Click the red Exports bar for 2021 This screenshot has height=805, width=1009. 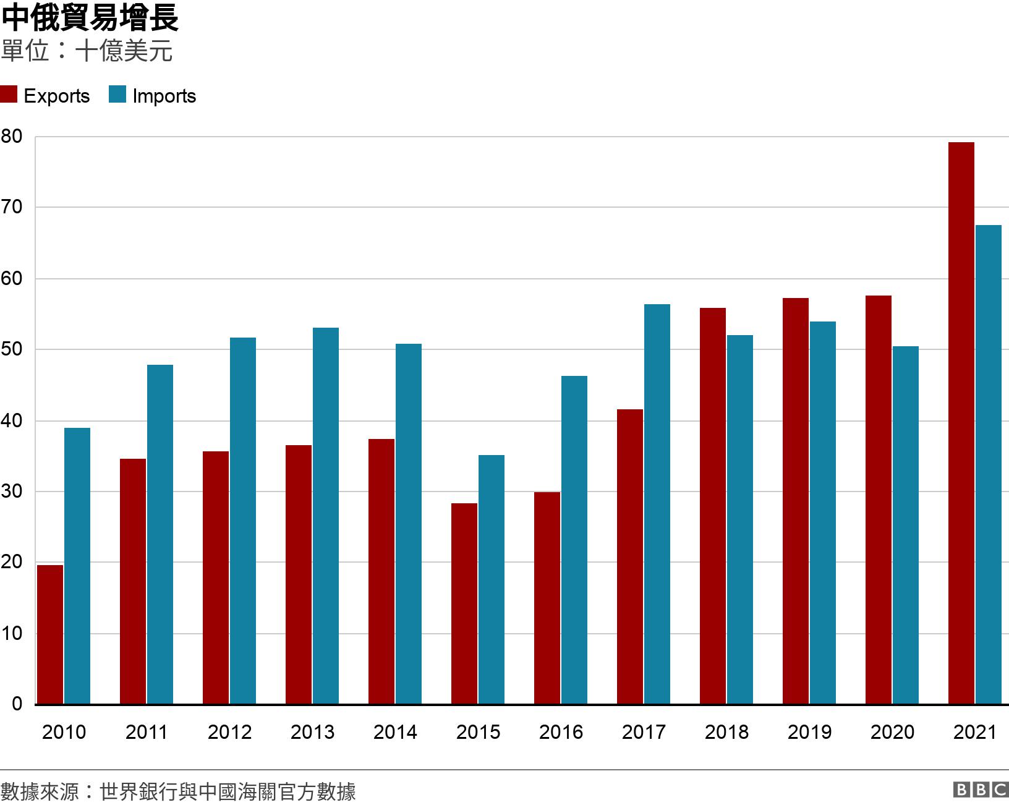point(961,424)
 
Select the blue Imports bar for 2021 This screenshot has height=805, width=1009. point(988,465)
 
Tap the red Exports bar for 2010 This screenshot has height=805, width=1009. point(50,634)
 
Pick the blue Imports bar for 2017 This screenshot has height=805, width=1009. point(657,504)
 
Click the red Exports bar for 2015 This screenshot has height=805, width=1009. point(464,603)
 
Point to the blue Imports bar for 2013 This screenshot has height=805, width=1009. point(326,516)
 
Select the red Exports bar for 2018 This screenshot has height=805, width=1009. point(712,506)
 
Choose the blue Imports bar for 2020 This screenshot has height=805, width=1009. point(905,525)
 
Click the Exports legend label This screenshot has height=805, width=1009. point(56,96)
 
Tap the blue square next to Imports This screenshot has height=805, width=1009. point(117,95)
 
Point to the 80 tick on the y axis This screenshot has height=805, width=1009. point(11,137)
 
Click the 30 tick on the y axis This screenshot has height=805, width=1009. point(11,492)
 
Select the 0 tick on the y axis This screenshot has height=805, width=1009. point(16,704)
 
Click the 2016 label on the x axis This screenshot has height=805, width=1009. point(561,732)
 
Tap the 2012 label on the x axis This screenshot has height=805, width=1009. point(229,732)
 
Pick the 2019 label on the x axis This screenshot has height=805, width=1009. point(809,732)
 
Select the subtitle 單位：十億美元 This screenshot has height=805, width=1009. point(87,51)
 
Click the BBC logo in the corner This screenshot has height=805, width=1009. point(981,790)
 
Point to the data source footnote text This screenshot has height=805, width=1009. point(178,791)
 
